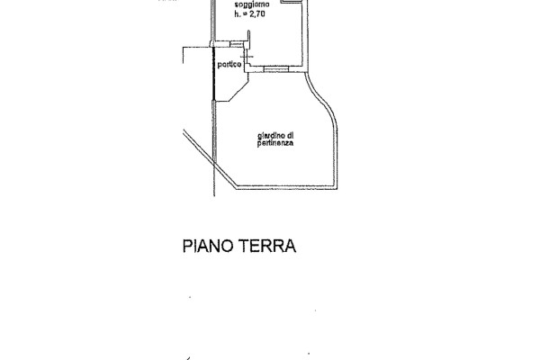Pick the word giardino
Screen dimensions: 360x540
[x=265, y=136]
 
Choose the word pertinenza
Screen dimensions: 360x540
[x=275, y=144]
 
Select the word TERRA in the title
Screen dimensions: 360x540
[x=267, y=246]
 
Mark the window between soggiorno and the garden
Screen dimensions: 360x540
[x=271, y=68]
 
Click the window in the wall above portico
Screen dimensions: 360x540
[x=238, y=44]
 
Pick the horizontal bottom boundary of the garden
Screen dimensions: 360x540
[x=283, y=189]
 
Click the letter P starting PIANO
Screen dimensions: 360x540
[x=189, y=246]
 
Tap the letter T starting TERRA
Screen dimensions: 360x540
[x=244, y=246]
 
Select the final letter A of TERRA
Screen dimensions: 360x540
[x=290, y=246]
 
